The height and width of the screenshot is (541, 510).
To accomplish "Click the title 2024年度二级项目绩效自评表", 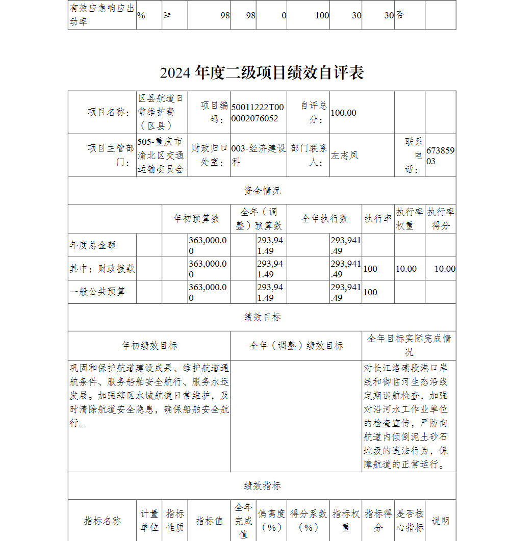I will click(x=262, y=73).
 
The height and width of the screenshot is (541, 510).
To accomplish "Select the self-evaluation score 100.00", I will click(x=343, y=113).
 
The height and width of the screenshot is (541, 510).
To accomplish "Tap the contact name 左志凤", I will click(x=345, y=156).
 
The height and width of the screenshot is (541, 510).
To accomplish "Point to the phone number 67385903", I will click(x=440, y=156).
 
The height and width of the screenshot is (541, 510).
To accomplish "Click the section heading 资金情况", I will click(x=262, y=191).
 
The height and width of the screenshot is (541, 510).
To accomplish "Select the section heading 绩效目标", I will click(x=262, y=317).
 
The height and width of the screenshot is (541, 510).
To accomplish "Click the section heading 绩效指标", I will click(x=262, y=486).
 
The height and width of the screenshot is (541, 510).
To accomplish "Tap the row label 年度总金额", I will click(x=93, y=245).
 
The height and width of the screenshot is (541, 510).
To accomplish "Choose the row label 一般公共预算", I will click(x=97, y=292).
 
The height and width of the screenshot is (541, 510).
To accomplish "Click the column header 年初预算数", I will click(x=196, y=219).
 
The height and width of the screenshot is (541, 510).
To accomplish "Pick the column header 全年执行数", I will click(x=324, y=219).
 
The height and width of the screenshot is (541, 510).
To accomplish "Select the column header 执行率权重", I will click(x=410, y=219).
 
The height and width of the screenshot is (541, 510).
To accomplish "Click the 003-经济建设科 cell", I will click(x=258, y=156).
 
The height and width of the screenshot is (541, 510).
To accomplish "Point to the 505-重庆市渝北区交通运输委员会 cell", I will click(x=162, y=156).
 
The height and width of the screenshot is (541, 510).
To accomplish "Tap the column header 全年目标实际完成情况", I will click(x=409, y=345).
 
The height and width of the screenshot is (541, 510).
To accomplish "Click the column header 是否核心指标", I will click(x=410, y=521).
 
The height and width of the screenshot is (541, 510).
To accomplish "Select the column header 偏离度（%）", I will click(x=271, y=521).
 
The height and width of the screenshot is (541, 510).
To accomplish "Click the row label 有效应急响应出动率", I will click(x=101, y=15).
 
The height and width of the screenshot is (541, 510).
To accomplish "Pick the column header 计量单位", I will click(x=149, y=521).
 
